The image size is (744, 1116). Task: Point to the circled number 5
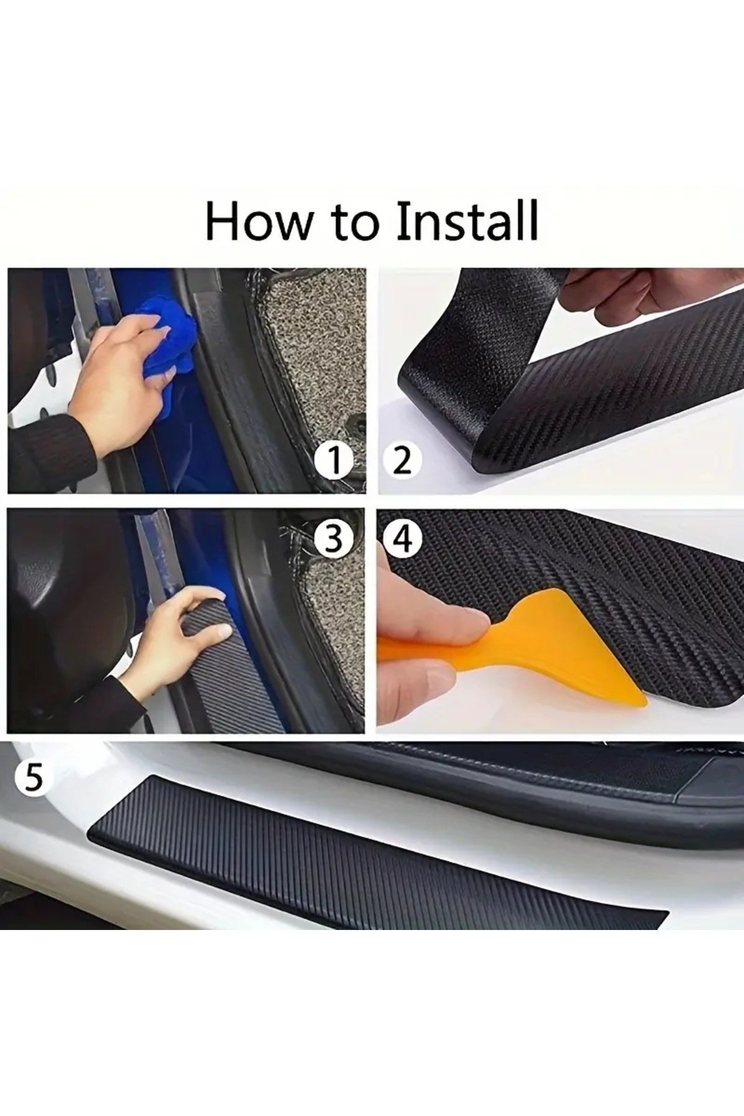click(x=33, y=777)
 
